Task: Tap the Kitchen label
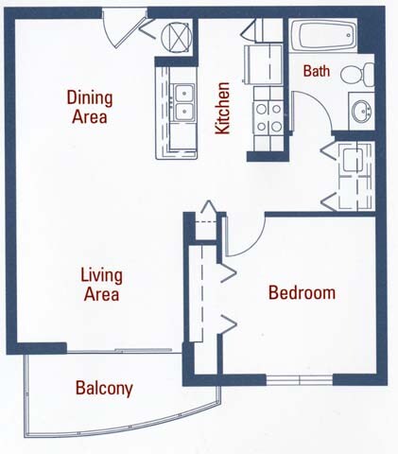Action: [223, 109]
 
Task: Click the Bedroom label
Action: [302, 292]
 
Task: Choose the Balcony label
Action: [103, 388]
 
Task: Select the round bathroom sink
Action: [359, 113]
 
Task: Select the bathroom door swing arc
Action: [312, 109]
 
